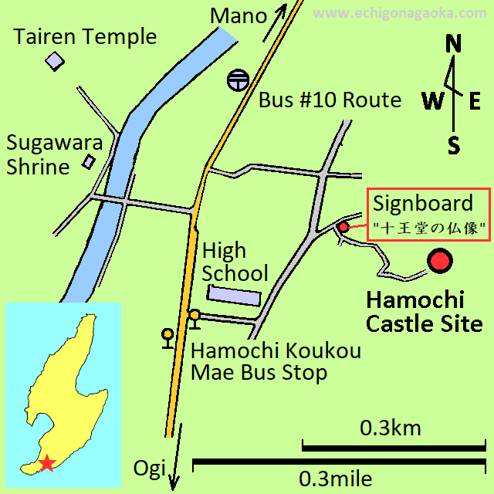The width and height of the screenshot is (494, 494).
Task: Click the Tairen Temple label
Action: coord(85,36)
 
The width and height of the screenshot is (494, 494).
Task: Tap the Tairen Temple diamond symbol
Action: coord(54,61)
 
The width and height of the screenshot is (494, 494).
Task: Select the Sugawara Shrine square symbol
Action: coord(89,161)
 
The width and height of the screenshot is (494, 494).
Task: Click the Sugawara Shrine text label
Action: coord(38,154)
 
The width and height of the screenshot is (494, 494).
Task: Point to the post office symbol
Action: coord(237,80)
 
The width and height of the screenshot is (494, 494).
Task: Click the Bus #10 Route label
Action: coord(330,100)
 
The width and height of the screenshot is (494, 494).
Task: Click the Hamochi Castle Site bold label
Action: coord(424,312)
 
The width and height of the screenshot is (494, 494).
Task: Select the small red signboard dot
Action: coord(343,227)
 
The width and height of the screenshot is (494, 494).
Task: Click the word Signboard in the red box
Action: coord(422,204)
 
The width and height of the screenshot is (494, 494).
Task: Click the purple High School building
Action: coord(235,295)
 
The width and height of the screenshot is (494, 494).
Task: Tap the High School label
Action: coord(234,262)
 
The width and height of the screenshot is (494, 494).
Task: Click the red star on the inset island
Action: coord(48,463)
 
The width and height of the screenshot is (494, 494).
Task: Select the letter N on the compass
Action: coord(454,45)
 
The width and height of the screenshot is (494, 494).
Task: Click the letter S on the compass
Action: coord(454,144)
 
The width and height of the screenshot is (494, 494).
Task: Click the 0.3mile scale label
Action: coord(336,479)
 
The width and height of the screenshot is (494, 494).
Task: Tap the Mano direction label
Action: coord(239,15)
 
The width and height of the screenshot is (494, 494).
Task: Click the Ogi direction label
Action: coord(150,468)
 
